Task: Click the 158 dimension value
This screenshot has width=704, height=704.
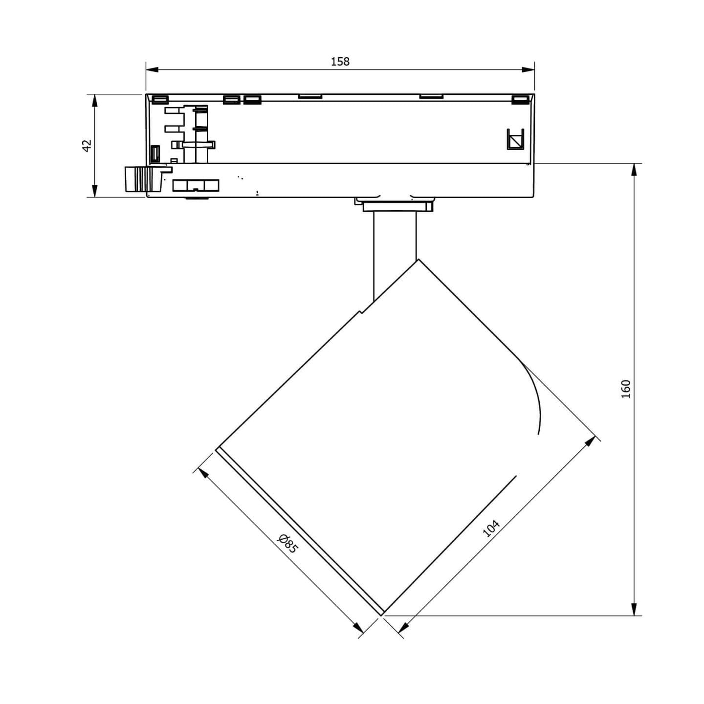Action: pos(340,62)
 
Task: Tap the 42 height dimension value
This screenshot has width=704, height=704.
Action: pos(87,146)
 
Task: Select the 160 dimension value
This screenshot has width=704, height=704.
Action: pos(626,389)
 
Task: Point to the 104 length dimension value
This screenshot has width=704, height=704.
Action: pos(491,528)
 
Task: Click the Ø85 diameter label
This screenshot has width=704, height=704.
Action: pos(288,548)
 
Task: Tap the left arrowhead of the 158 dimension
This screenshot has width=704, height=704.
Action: pos(152,69)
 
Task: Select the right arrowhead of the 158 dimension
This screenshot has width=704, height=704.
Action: pos(528,69)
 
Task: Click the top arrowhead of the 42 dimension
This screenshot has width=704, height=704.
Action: pos(95,101)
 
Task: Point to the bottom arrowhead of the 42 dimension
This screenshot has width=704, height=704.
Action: pos(95,191)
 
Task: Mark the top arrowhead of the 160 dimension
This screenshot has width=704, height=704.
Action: pos(635,170)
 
